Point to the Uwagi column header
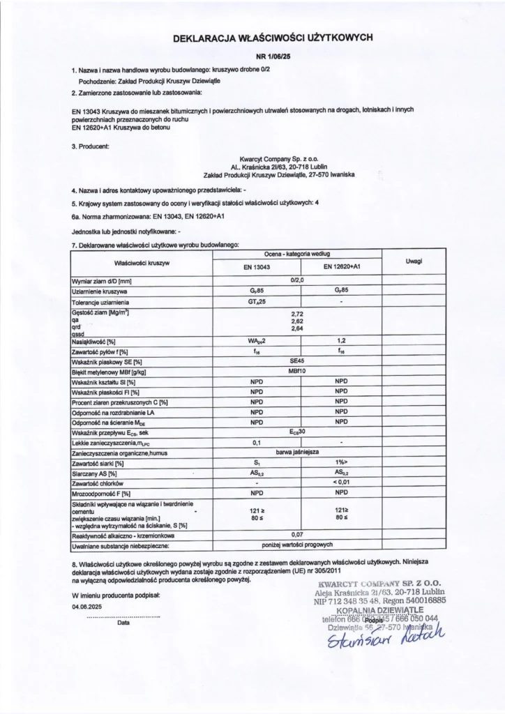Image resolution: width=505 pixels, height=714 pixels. (416, 261)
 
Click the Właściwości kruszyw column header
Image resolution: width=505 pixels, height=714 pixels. (142, 263)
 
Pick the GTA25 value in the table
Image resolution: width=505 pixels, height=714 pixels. (259, 303)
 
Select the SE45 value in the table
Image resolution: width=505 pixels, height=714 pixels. (299, 363)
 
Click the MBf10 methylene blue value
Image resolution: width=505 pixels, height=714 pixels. (299, 372)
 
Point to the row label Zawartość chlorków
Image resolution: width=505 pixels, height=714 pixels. (97, 483)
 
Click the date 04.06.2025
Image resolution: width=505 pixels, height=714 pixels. (87, 607)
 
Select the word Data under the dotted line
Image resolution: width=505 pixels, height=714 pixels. (123, 623)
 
